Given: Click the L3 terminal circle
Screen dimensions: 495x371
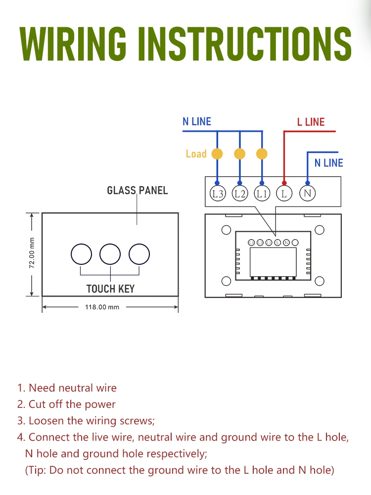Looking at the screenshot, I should pyautogui.click(x=217, y=194).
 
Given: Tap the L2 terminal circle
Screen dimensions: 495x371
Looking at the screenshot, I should pyautogui.click(x=240, y=194).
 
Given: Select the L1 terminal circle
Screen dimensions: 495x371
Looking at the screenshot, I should pyautogui.click(x=262, y=194).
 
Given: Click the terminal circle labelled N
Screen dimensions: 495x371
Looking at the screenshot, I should pyautogui.click(x=307, y=193).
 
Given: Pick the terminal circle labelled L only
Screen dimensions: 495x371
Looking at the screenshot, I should pyautogui.click(x=284, y=194).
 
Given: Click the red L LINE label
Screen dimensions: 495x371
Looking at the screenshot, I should pyautogui.click(x=311, y=122).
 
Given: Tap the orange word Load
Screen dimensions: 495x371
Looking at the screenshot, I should pyautogui.click(x=196, y=154).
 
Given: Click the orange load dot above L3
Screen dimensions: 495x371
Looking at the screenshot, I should pyautogui.click(x=217, y=154).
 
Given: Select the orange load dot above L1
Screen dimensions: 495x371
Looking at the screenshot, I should pyautogui.click(x=262, y=154).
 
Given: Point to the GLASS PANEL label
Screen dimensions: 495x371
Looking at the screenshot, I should pyautogui.click(x=138, y=190).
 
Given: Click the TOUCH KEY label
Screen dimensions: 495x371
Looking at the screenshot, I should pyautogui.click(x=110, y=289).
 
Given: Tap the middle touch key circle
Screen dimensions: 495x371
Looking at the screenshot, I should pyautogui.click(x=110, y=254).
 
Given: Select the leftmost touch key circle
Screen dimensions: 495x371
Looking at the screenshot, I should pyautogui.click(x=81, y=254).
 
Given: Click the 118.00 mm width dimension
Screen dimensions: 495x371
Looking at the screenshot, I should pyautogui.click(x=102, y=307).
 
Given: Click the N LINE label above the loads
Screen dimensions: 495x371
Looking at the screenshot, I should pyautogui.click(x=197, y=122).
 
